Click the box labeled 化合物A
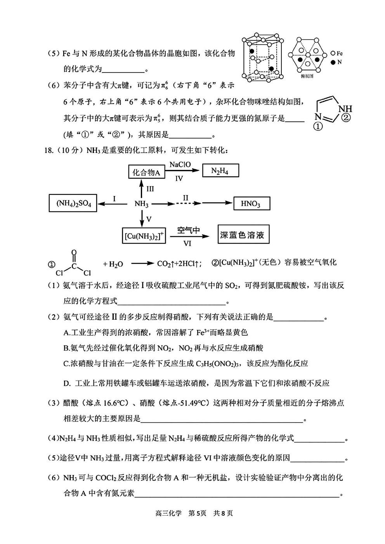146,172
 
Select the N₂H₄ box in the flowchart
220,170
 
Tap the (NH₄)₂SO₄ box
73,203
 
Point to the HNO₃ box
251,203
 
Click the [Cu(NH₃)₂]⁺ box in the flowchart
144,235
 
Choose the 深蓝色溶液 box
243,234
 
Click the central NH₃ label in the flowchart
141,204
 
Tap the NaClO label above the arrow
180,165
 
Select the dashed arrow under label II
188,203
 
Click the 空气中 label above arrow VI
189,230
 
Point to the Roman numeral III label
150,189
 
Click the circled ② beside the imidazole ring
346,118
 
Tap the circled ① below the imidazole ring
319,126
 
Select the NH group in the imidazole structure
345,109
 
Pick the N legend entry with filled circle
336,62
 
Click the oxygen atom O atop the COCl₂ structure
74,252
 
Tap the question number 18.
49,150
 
